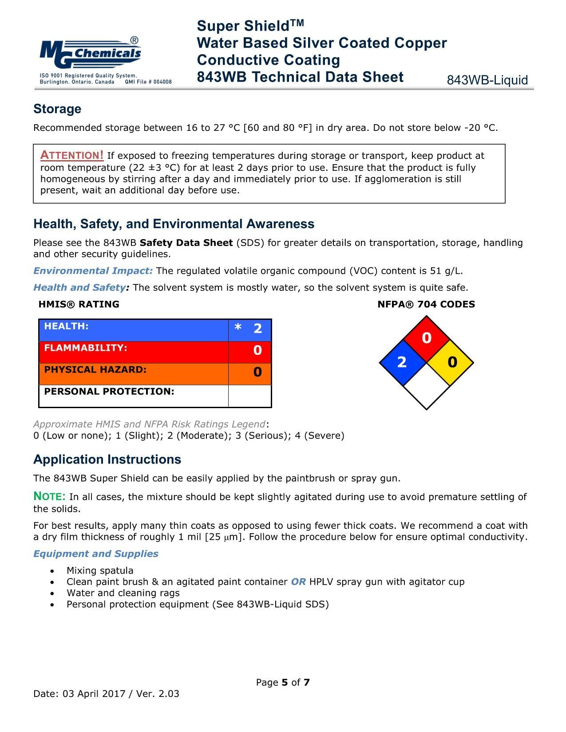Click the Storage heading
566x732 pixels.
point(57,109)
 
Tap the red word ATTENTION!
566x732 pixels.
point(72,155)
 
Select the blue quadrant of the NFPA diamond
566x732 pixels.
point(402,362)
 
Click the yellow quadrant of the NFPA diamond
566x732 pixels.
point(451,362)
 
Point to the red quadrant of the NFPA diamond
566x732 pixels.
point(427,338)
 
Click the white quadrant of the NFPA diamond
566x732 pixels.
point(427,387)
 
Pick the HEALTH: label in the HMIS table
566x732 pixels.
point(66,327)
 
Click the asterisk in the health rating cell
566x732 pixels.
point(238,328)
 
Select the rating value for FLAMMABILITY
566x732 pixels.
point(257,350)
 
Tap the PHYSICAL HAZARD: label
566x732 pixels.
point(95,370)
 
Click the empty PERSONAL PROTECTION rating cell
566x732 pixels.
point(250,396)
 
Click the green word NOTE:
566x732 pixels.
point(50,496)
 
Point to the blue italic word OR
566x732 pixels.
point(298,582)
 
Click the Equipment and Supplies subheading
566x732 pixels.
point(96,554)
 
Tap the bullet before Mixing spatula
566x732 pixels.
point(53,571)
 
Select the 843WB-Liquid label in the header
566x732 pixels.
point(487,80)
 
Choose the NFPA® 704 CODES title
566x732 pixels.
point(426,304)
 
